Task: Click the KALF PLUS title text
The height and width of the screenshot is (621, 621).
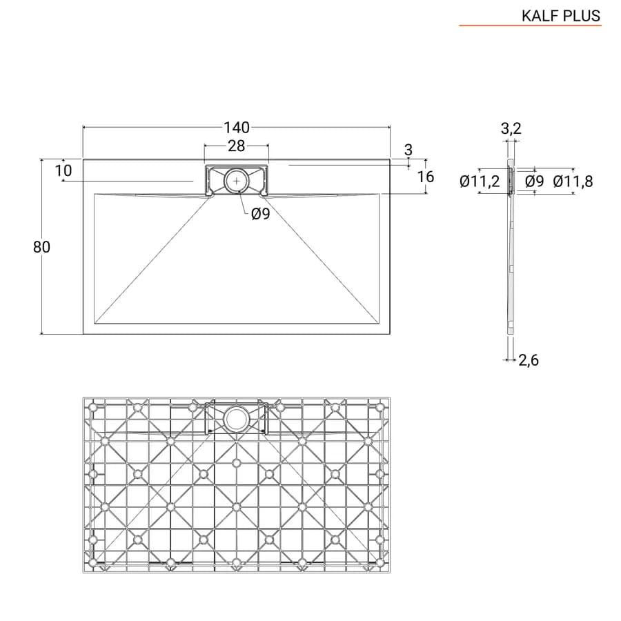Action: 561,16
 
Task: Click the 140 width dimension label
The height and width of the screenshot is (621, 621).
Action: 237,128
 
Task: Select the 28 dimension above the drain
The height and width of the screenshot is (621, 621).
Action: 237,146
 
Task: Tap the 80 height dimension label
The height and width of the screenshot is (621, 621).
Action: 41,247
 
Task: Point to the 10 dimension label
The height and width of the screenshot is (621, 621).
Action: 63,170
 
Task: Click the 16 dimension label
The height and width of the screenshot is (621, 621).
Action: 426,177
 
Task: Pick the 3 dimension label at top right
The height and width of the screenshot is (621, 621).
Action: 408,150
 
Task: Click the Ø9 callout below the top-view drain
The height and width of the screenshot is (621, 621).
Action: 261,214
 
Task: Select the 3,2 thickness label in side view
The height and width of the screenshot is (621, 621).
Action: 511,128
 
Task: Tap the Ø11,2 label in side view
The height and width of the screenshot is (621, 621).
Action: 480,181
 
